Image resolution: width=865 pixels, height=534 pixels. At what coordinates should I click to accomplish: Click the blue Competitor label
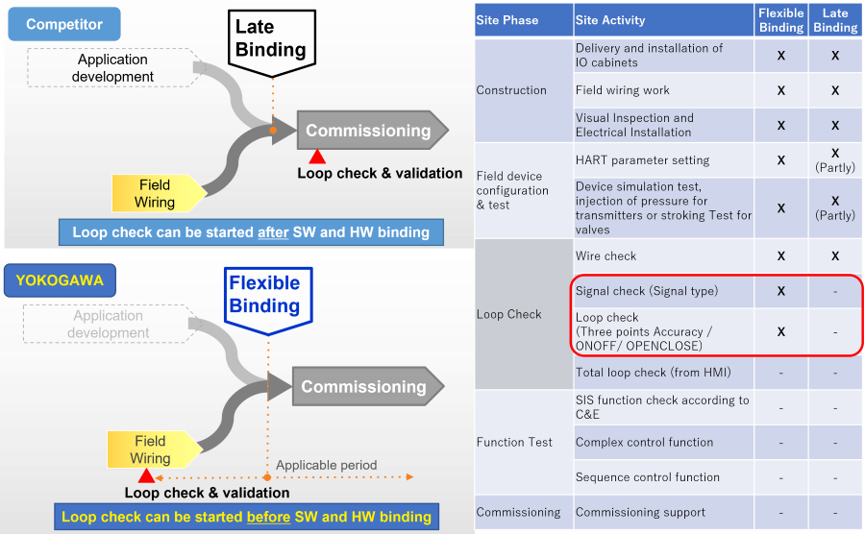coord(63,24)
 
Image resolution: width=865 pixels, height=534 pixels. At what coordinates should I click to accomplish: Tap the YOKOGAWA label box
coord(60,281)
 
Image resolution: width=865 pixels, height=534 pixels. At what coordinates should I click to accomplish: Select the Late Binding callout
coord(270,39)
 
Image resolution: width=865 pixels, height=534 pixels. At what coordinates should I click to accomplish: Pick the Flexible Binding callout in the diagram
coord(264,296)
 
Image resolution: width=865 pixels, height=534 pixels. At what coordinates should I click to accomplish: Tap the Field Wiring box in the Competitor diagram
coord(156,193)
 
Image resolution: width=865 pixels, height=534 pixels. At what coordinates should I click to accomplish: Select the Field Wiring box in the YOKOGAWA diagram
coord(152,449)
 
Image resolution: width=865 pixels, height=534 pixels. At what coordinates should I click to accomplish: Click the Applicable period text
coord(326,465)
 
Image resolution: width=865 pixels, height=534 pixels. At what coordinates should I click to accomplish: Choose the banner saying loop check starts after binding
coord(251,232)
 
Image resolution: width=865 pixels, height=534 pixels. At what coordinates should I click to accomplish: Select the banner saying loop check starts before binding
coord(246,517)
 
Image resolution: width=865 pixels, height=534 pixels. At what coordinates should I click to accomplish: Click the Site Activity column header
coord(610,20)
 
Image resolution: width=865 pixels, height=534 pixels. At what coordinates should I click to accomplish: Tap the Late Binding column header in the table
coord(835,20)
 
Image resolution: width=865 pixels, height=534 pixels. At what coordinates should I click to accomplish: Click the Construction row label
coord(511,90)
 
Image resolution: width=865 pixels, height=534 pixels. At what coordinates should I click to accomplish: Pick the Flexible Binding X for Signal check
coord(781,291)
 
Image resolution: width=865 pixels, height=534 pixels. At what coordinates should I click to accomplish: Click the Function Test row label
coord(514,442)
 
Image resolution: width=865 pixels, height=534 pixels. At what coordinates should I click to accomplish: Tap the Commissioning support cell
coord(640,512)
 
